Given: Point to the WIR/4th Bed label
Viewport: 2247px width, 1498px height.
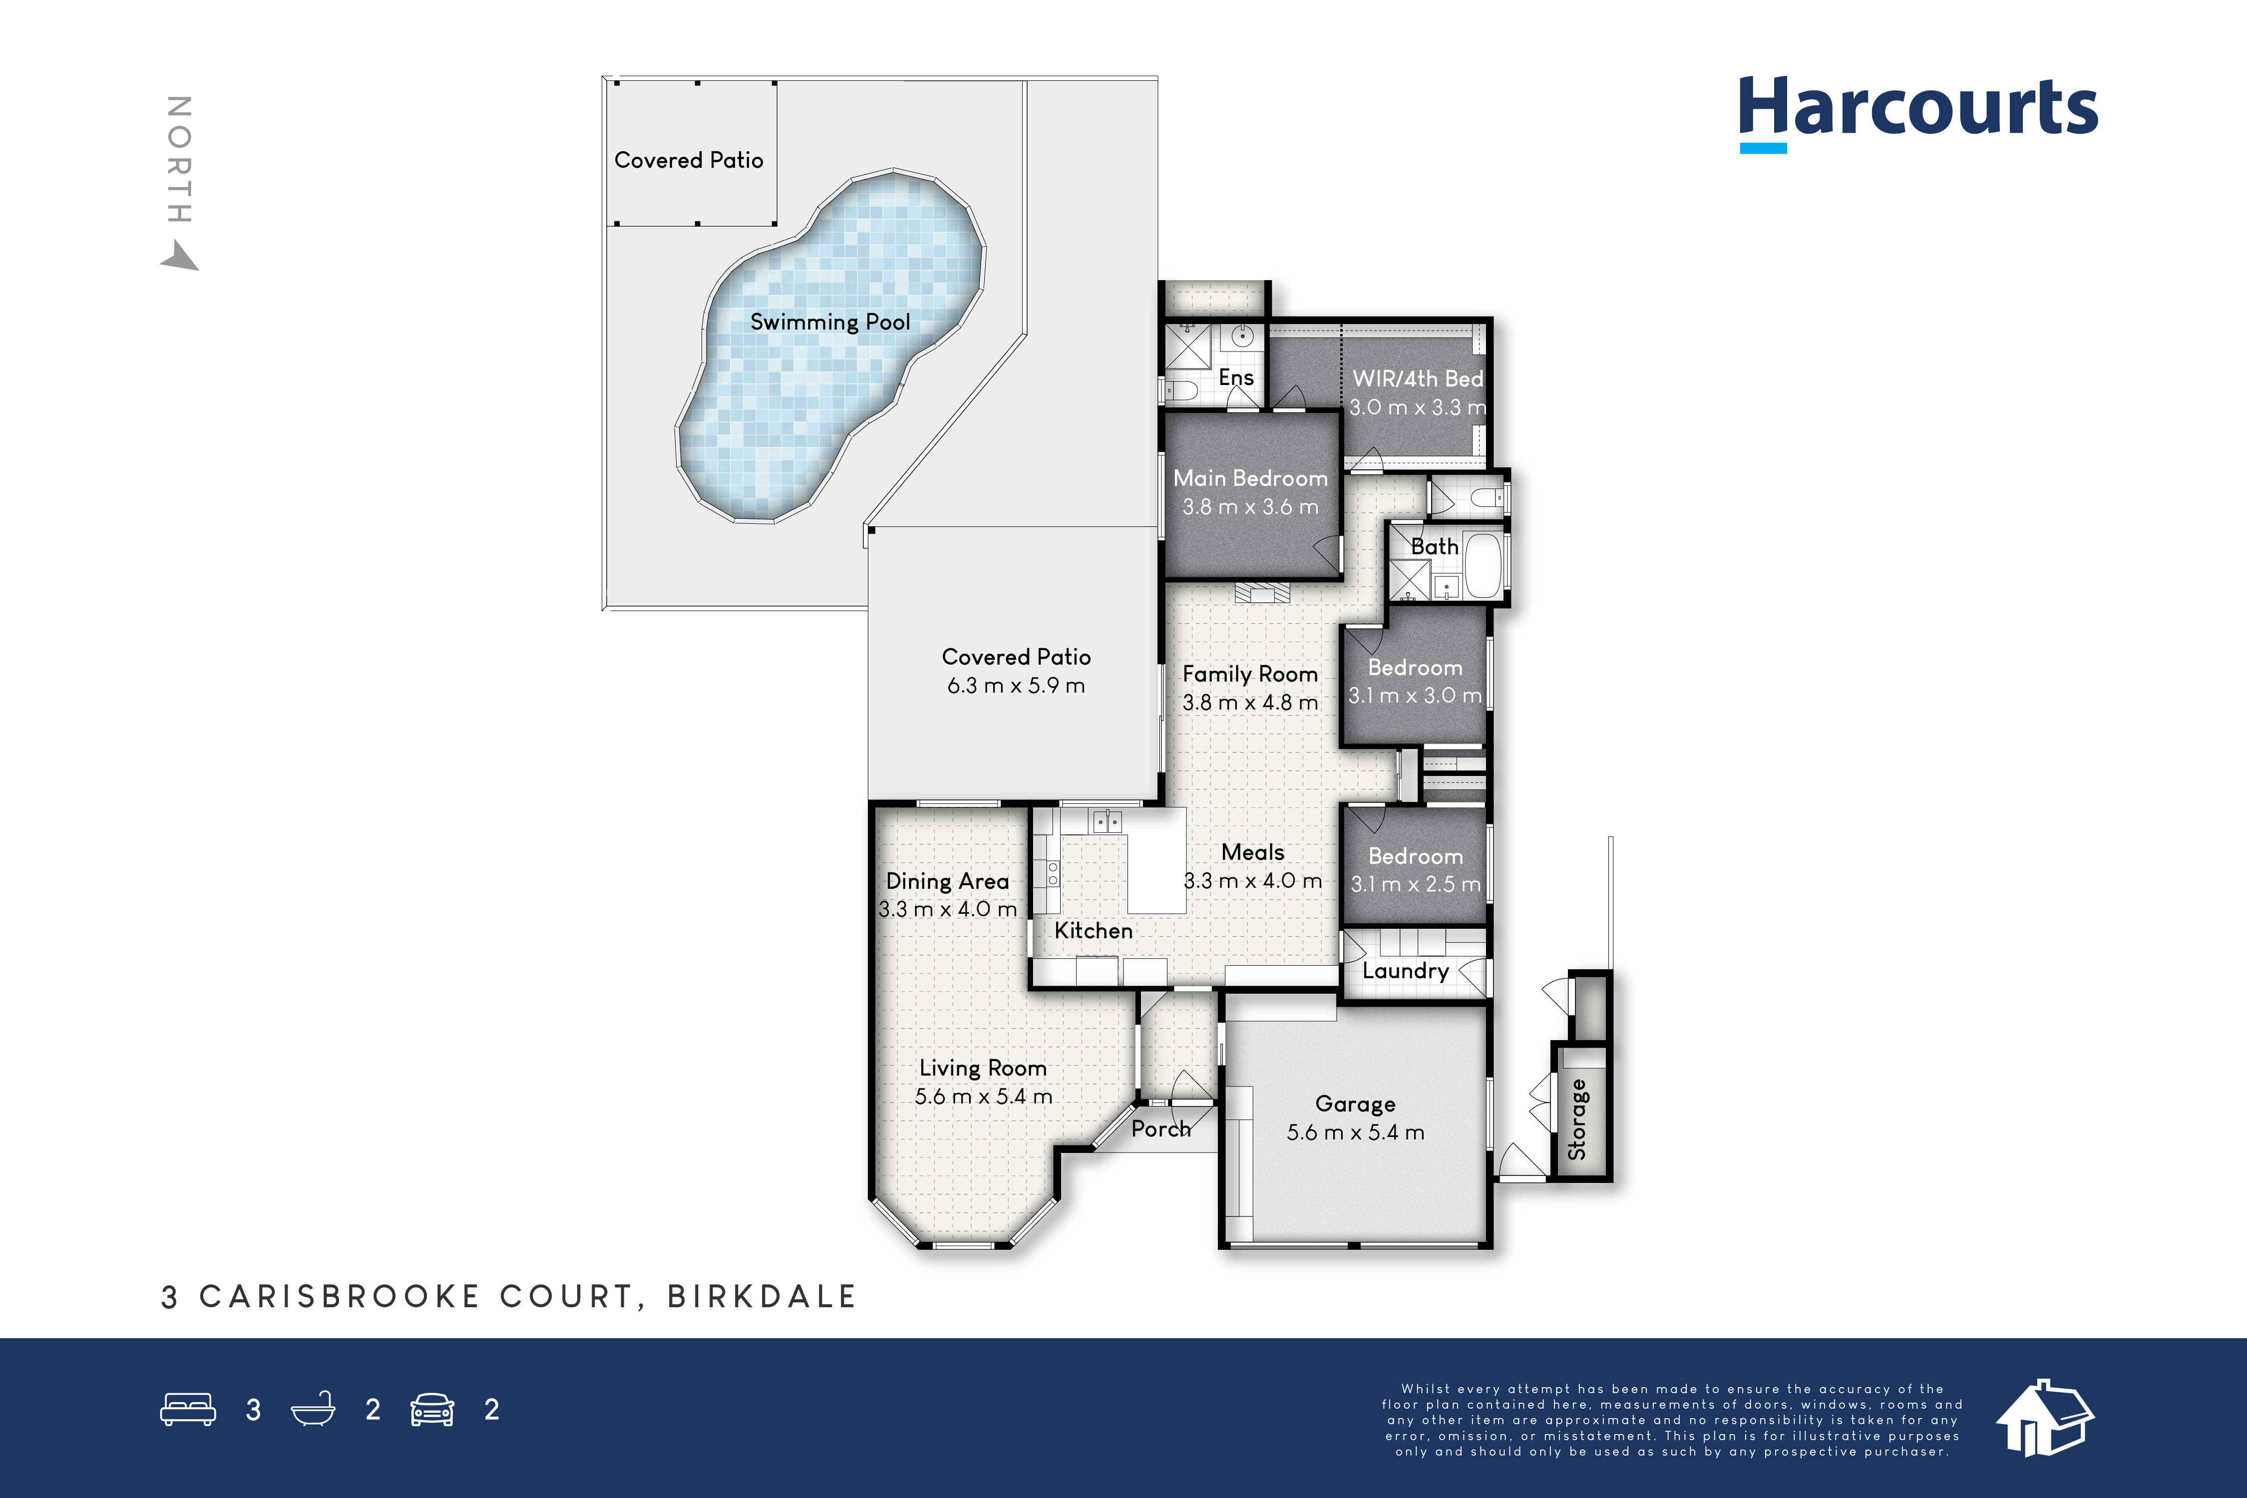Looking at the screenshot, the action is click(x=1418, y=378).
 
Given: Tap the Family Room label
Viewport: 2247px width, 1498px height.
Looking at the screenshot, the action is click(x=1250, y=675).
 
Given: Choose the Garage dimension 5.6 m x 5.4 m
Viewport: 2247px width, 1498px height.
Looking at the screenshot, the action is click(x=1356, y=1132).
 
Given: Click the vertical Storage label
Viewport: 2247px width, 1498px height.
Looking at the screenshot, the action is click(x=1577, y=1120).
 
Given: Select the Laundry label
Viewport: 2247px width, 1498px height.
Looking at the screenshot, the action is click(x=1405, y=971).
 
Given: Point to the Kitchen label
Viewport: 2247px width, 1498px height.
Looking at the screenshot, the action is click(x=1094, y=931).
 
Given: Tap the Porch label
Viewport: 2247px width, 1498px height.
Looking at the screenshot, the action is click(x=1162, y=1128).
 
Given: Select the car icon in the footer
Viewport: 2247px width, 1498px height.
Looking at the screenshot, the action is click(x=432, y=1410).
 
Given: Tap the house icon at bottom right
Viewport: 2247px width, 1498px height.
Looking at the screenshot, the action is click(x=2044, y=1418).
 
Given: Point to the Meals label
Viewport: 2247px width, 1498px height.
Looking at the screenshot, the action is click(x=1252, y=852).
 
